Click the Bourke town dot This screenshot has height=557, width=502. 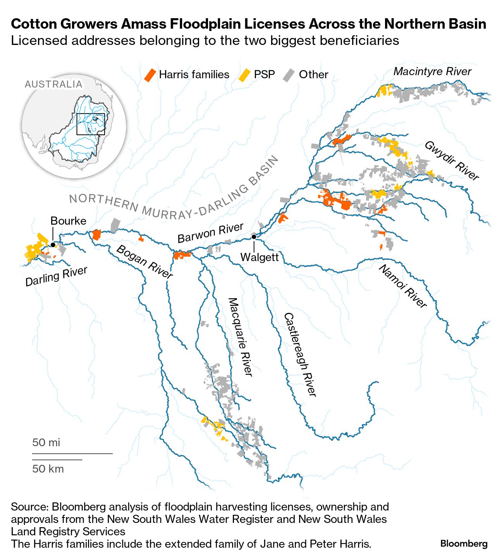tap(53, 245)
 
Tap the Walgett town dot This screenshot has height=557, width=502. tap(254, 237)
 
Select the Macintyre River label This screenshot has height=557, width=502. tap(432, 71)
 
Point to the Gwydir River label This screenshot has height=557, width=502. tap(452, 161)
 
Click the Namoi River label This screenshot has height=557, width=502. tap(403, 286)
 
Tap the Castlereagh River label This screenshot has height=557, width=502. tap(300, 354)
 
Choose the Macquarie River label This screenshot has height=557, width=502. tap(241, 337)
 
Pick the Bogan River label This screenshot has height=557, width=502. tap(144, 261)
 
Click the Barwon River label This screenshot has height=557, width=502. tap(210, 233)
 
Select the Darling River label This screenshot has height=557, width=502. tap(57, 276)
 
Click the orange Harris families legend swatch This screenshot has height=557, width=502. tap(150, 75)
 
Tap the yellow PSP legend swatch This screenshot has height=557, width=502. tap(244, 75)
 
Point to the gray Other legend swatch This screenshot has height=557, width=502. tap(289, 75)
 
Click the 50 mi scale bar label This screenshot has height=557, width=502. tap(46, 442)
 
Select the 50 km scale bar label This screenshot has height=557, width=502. tap(48, 469)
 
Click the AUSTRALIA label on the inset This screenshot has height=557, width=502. tap(53, 84)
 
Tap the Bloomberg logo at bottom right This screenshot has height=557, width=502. tap(464, 543)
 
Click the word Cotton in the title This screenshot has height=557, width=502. tap(34, 24)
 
